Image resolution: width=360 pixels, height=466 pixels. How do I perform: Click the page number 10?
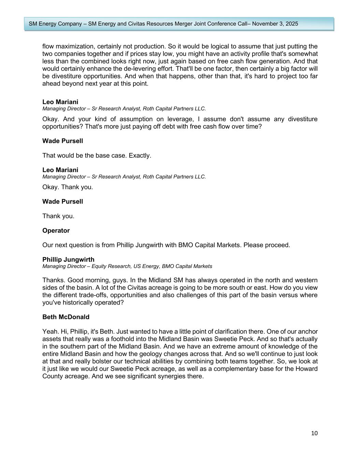pos(314,433)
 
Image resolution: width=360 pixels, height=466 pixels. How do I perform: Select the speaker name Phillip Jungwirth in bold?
pos(68,259)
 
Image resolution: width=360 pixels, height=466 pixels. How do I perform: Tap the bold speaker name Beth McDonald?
pos(66,317)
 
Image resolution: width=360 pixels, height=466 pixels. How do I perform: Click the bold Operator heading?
pos(56,230)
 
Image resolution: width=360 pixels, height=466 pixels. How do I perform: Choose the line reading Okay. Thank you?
pos(68,187)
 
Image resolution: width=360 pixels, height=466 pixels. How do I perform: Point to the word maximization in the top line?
pos(72,46)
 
